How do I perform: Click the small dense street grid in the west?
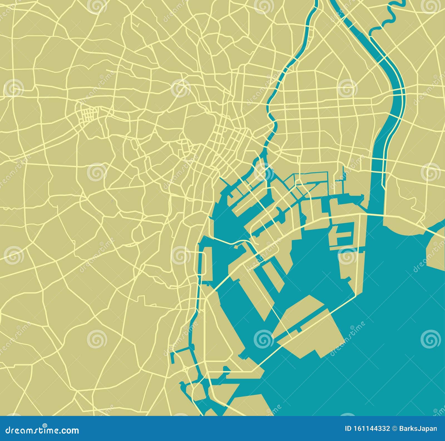pyautogui.click(x=88, y=115)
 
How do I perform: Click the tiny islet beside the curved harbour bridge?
pyautogui.click(x=237, y=246)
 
